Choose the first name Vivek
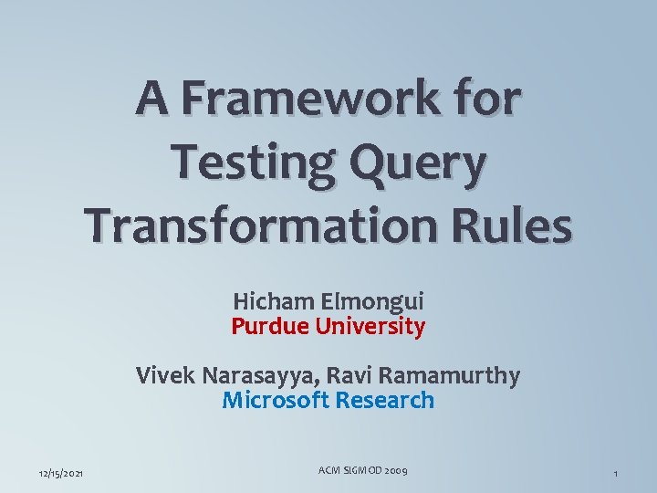pyautogui.click(x=162, y=374)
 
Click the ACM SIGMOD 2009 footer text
pyautogui.click(x=362, y=470)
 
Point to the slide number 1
pyautogui.click(x=616, y=473)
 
